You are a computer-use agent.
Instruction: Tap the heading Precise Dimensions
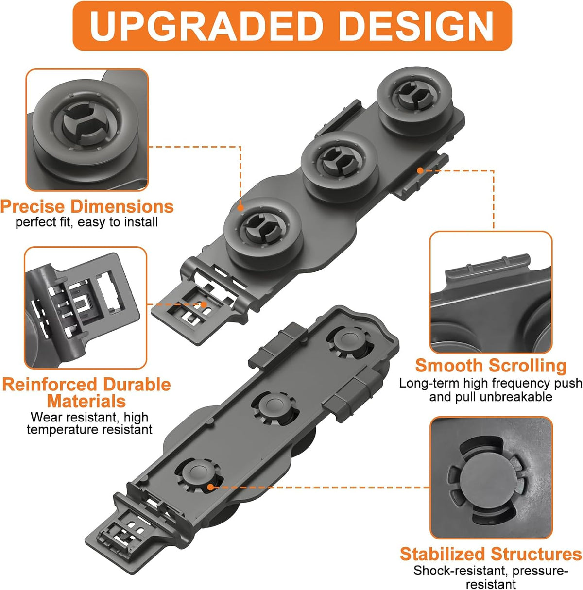point(87,206)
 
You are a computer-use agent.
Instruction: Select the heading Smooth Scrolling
point(491,365)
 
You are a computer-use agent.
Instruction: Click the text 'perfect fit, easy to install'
point(86,222)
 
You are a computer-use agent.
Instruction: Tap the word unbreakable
point(516,397)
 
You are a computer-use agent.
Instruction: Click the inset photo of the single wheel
point(87,130)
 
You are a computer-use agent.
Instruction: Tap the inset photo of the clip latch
point(86,308)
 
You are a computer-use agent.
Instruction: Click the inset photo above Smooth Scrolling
point(491,292)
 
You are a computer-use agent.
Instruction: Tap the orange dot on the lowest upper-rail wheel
point(240,207)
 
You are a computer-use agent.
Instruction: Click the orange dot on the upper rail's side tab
point(420,170)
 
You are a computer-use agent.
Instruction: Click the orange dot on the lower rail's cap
point(210,487)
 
